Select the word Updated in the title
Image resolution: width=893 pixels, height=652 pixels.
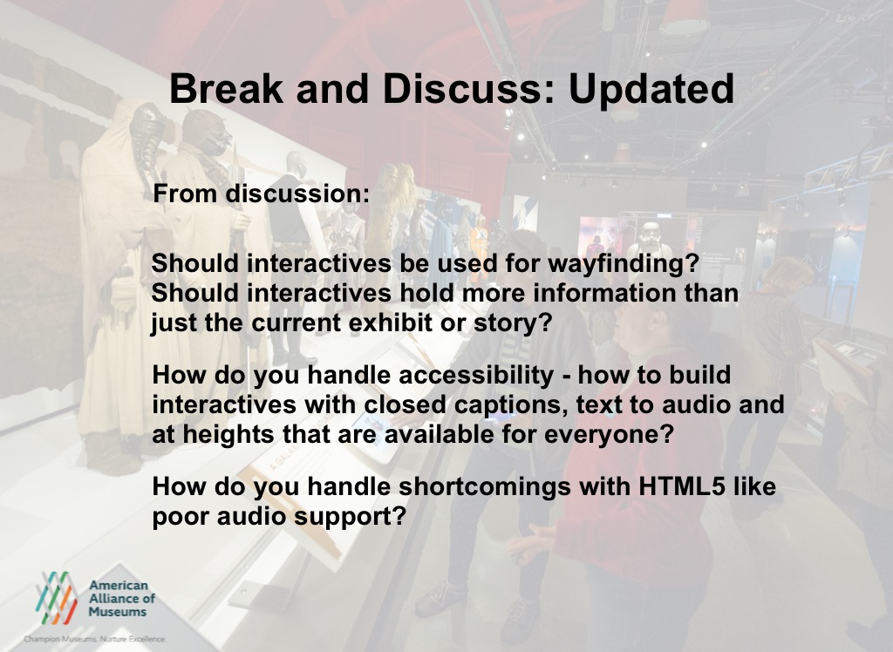click(651, 90)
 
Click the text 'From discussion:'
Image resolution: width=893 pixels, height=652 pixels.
click(262, 194)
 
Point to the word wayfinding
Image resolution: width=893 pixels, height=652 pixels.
click(623, 263)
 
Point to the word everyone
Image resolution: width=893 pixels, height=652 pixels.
click(610, 435)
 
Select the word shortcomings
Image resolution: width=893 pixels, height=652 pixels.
click(484, 487)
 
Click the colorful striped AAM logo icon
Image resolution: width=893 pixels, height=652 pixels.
click(56, 598)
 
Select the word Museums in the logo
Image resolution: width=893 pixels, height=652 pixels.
click(118, 612)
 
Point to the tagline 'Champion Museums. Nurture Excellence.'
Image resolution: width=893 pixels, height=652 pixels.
click(94, 640)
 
